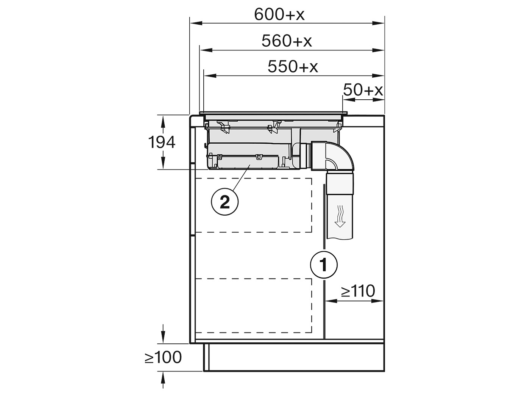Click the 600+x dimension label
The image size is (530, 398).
(279, 15)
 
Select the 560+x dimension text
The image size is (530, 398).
(287, 41)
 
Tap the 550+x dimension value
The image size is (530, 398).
(293, 67)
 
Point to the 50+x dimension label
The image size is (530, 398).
(363, 90)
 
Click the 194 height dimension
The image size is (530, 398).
(161, 142)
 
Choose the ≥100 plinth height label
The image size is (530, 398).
(163, 357)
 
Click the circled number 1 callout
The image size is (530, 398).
(324, 265)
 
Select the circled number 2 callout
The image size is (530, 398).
(225, 202)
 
